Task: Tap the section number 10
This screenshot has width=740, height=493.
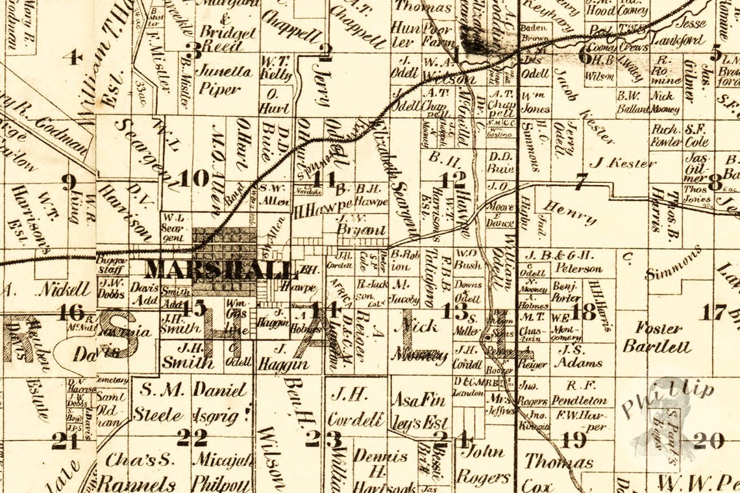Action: point(194,178)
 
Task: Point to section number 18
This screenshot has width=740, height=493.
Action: point(584,311)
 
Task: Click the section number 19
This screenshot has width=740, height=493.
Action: point(574,440)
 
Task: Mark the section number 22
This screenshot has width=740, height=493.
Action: point(193,438)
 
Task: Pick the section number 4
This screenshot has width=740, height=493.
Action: point(72,57)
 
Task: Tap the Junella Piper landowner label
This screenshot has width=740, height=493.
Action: point(223,80)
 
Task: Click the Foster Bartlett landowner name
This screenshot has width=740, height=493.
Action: point(657,337)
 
